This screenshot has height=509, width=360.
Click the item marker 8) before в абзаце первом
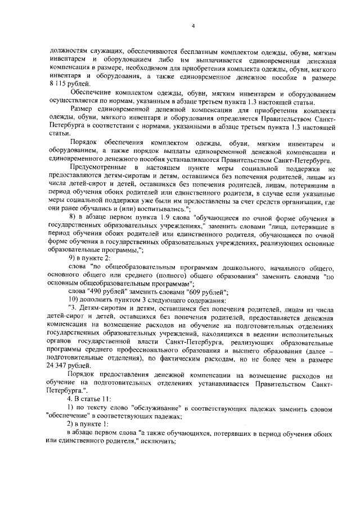pos(72,217)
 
